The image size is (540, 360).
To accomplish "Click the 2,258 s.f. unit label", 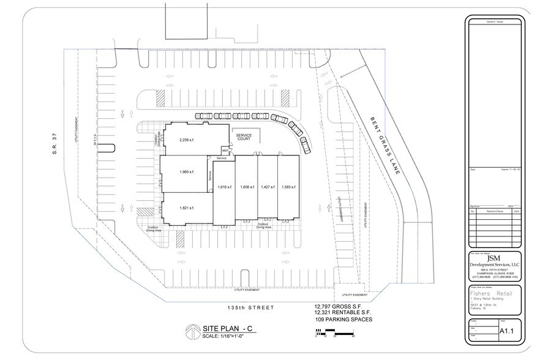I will [x=186, y=140].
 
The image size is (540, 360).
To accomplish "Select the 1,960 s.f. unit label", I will [x=186, y=171].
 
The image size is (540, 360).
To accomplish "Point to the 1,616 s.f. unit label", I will [x=225, y=187].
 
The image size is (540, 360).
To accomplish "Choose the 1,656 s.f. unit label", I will [x=247, y=187].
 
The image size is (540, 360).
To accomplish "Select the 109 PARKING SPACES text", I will [x=343, y=320].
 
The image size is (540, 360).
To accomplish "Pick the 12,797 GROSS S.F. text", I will [x=342, y=306].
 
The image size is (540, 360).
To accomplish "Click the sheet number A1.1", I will [x=506, y=331].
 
